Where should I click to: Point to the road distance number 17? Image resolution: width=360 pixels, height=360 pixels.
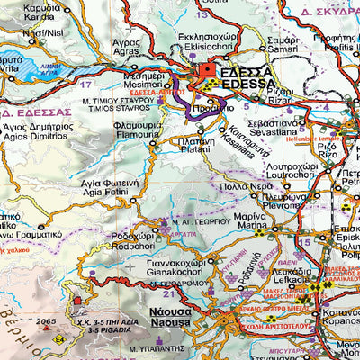(x=86, y=84)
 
